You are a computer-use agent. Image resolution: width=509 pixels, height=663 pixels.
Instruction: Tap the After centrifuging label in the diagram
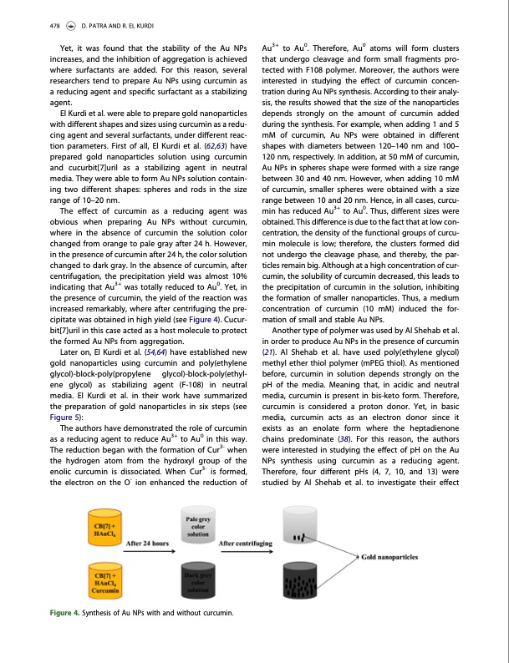[x=245, y=543]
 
